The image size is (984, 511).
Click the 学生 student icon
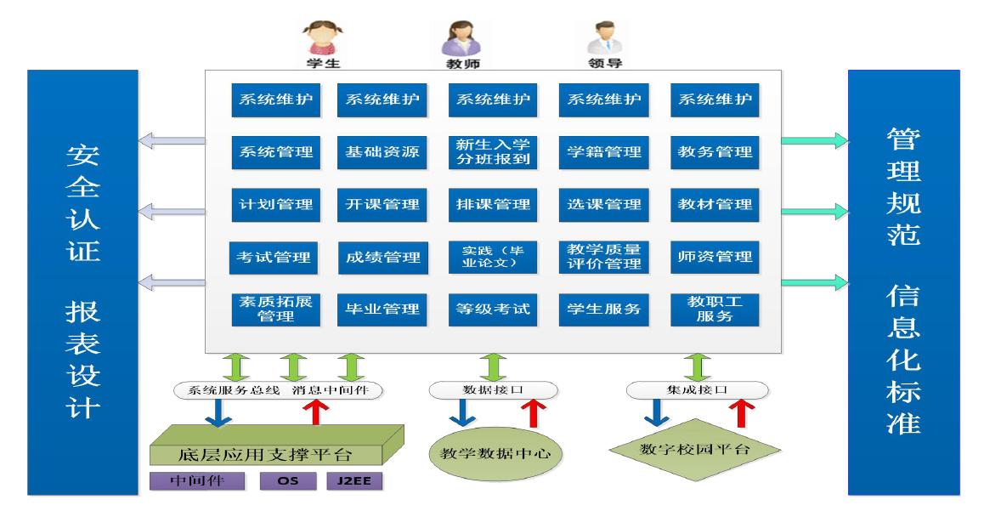(x=322, y=39)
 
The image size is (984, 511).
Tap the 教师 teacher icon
(x=462, y=39)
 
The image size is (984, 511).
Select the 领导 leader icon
(x=604, y=39)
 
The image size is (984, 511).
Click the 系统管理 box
(x=275, y=152)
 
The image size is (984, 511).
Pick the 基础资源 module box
(x=382, y=152)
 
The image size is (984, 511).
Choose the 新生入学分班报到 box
(x=493, y=152)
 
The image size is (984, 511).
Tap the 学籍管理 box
(x=604, y=152)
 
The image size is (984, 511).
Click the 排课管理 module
(x=493, y=205)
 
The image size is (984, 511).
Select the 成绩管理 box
(x=382, y=258)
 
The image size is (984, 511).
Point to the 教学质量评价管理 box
(x=604, y=257)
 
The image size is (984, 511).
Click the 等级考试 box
(x=493, y=309)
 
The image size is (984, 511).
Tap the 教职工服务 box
(x=714, y=309)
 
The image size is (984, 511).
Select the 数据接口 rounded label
(x=493, y=390)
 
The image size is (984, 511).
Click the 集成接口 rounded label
(x=697, y=390)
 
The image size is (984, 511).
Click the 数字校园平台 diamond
(x=695, y=449)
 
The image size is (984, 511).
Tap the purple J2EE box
(x=354, y=481)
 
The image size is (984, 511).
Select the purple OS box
(x=288, y=481)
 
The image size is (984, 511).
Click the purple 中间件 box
(x=196, y=481)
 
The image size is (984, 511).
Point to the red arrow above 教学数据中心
(x=534, y=412)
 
